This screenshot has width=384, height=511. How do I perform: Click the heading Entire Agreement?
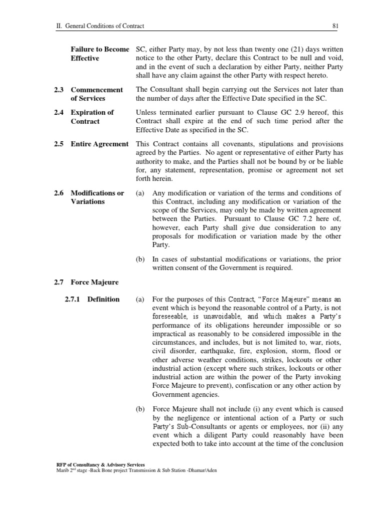(x=99, y=144)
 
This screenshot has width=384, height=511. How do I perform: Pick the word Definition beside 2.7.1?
(x=104, y=299)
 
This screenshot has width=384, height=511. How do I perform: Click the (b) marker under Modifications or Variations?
(x=140, y=259)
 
